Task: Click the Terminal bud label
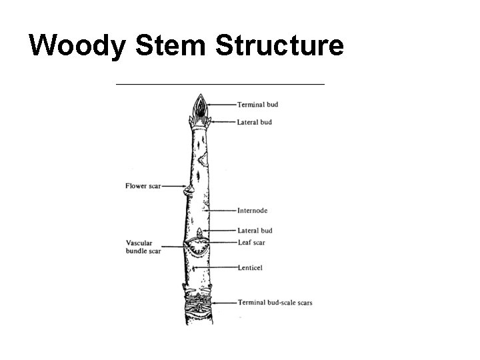pos(257,105)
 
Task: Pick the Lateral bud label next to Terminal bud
pos(254,122)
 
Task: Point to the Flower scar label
pos(143,186)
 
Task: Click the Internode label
pos(252,211)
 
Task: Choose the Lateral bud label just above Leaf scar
pos(254,231)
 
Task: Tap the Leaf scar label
pos(251,242)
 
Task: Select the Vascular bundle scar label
pos(143,247)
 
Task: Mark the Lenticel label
pos(250,267)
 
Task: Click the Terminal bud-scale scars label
pos(275,302)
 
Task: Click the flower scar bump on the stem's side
pos(189,191)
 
